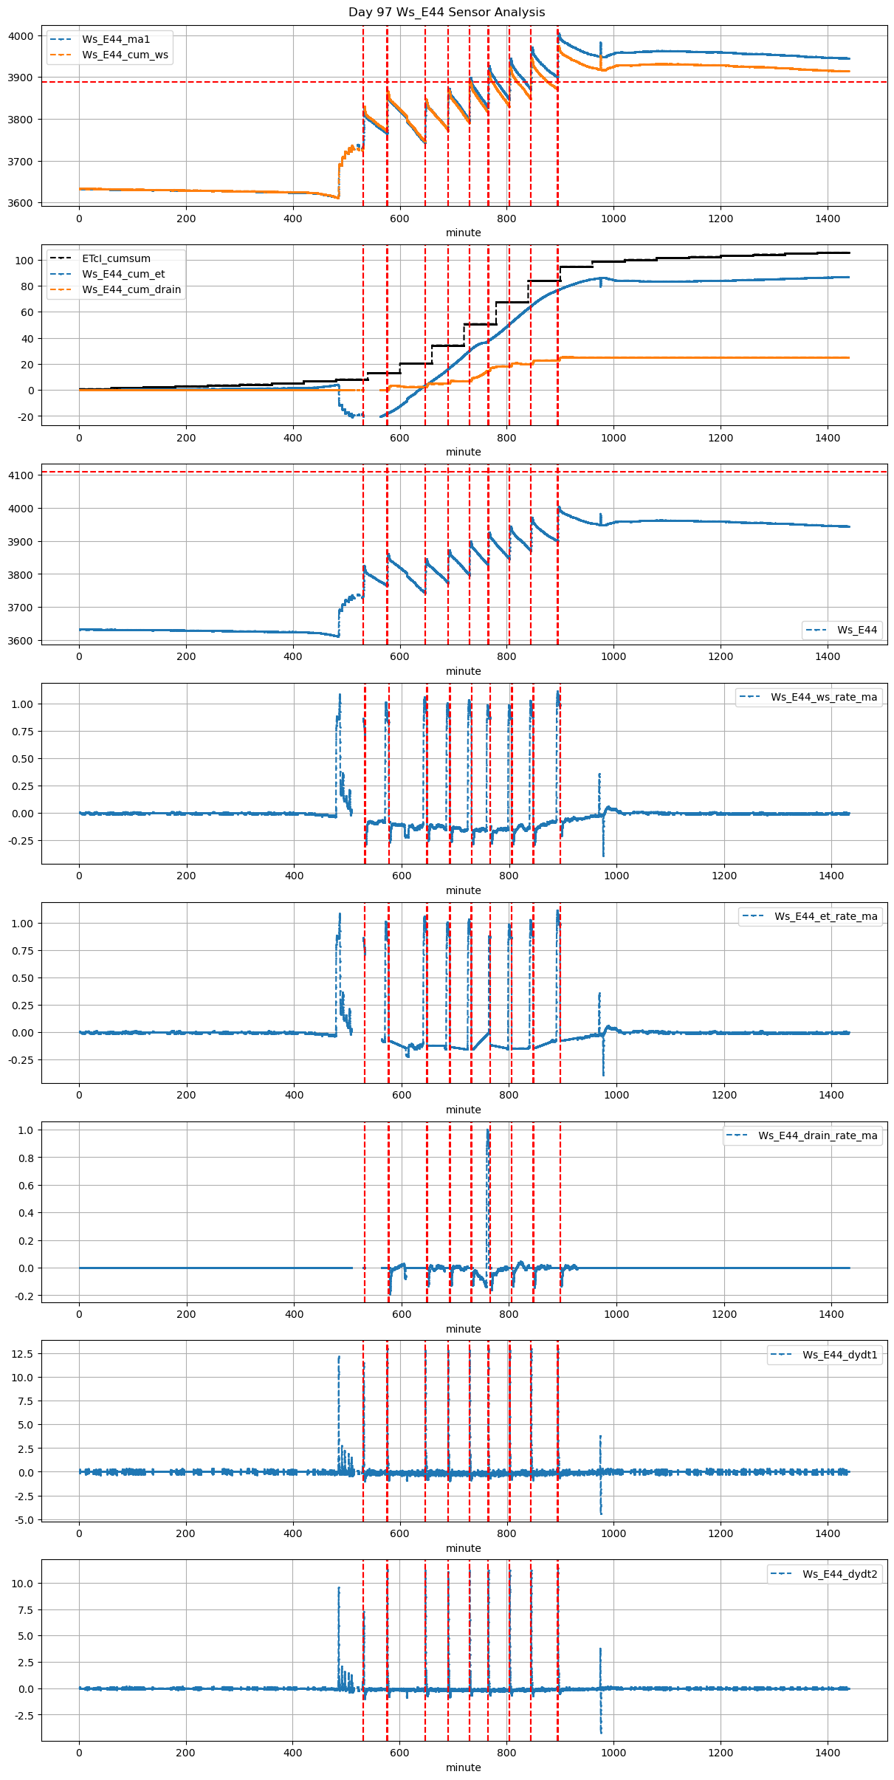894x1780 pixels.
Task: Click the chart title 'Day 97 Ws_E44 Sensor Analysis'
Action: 447,13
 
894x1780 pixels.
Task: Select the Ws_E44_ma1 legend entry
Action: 116,39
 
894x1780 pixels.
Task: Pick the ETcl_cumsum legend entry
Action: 116,258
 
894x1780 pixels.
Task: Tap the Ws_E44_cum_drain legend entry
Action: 131,289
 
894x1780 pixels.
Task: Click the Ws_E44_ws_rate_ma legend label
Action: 824,697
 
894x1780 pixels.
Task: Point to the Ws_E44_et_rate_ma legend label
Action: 825,916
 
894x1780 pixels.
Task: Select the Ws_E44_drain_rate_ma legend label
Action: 817,1135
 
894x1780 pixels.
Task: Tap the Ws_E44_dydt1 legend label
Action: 840,1355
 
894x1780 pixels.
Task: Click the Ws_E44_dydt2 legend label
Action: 840,1574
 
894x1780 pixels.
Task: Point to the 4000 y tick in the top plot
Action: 21,36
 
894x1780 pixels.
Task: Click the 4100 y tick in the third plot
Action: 21,475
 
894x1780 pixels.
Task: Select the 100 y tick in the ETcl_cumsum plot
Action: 25,261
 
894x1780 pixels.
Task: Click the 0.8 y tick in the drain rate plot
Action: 26,1158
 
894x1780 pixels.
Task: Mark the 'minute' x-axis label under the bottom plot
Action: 463,1767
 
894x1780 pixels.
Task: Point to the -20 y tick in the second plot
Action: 25,417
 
